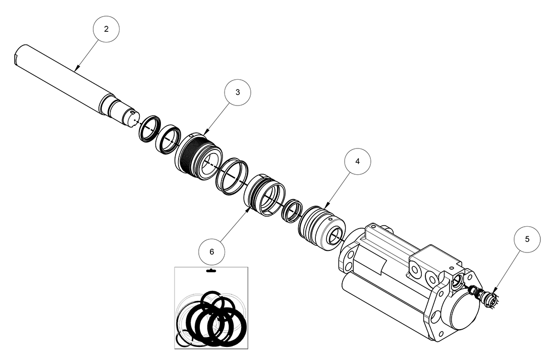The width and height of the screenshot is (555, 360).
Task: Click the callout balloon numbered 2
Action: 105,29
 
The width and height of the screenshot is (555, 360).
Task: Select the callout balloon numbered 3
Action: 238,92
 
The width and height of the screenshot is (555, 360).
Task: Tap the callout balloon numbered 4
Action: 357,162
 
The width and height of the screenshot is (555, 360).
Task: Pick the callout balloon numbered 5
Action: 527,239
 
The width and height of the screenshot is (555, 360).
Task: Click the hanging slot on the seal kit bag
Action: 211,272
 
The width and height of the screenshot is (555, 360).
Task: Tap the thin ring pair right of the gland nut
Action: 232,175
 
